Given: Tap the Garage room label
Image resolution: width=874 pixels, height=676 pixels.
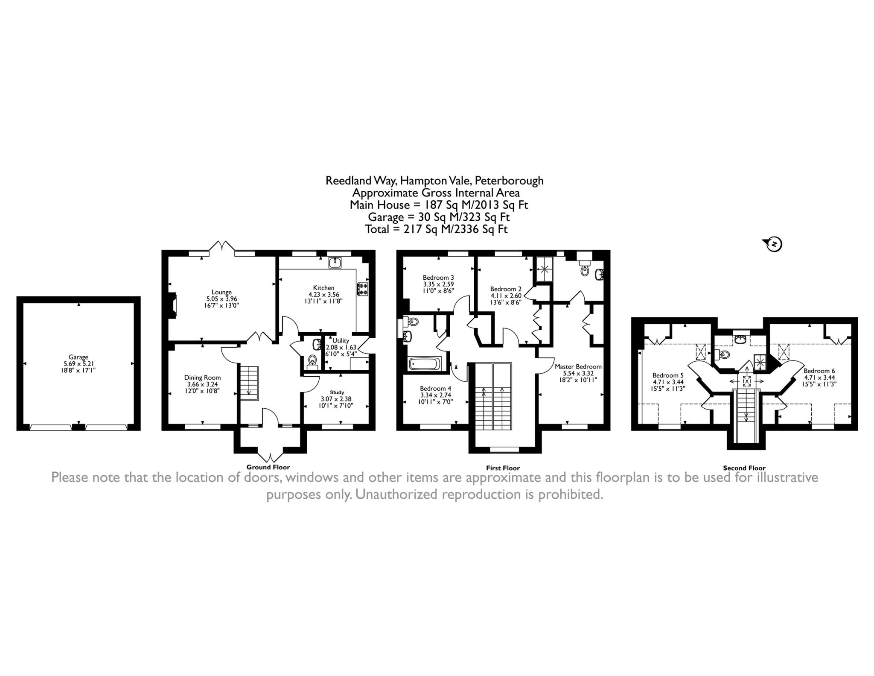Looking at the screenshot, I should point(79,357).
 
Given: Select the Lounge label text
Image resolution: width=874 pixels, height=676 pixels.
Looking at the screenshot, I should point(221,293).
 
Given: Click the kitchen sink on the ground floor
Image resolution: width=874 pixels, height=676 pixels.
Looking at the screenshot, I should point(335,263).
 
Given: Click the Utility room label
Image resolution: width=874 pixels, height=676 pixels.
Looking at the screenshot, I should point(341,341).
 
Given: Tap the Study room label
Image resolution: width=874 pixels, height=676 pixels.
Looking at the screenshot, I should point(337,392).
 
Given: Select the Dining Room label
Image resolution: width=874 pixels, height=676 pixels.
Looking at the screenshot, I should point(202,378).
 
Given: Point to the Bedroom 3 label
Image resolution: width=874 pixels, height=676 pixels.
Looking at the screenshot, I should point(438,278).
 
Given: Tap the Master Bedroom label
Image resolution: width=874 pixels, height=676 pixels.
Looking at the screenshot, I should point(578,366).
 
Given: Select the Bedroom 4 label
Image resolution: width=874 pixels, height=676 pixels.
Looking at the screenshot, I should point(435,389).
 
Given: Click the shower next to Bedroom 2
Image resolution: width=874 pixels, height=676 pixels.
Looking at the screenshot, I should point(544,269).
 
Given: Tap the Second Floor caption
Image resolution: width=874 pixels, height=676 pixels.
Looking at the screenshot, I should point(744,468).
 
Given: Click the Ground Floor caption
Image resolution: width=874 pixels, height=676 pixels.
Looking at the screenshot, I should point(268,467).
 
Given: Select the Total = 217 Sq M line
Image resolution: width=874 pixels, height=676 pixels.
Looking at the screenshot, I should point(436,229).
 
